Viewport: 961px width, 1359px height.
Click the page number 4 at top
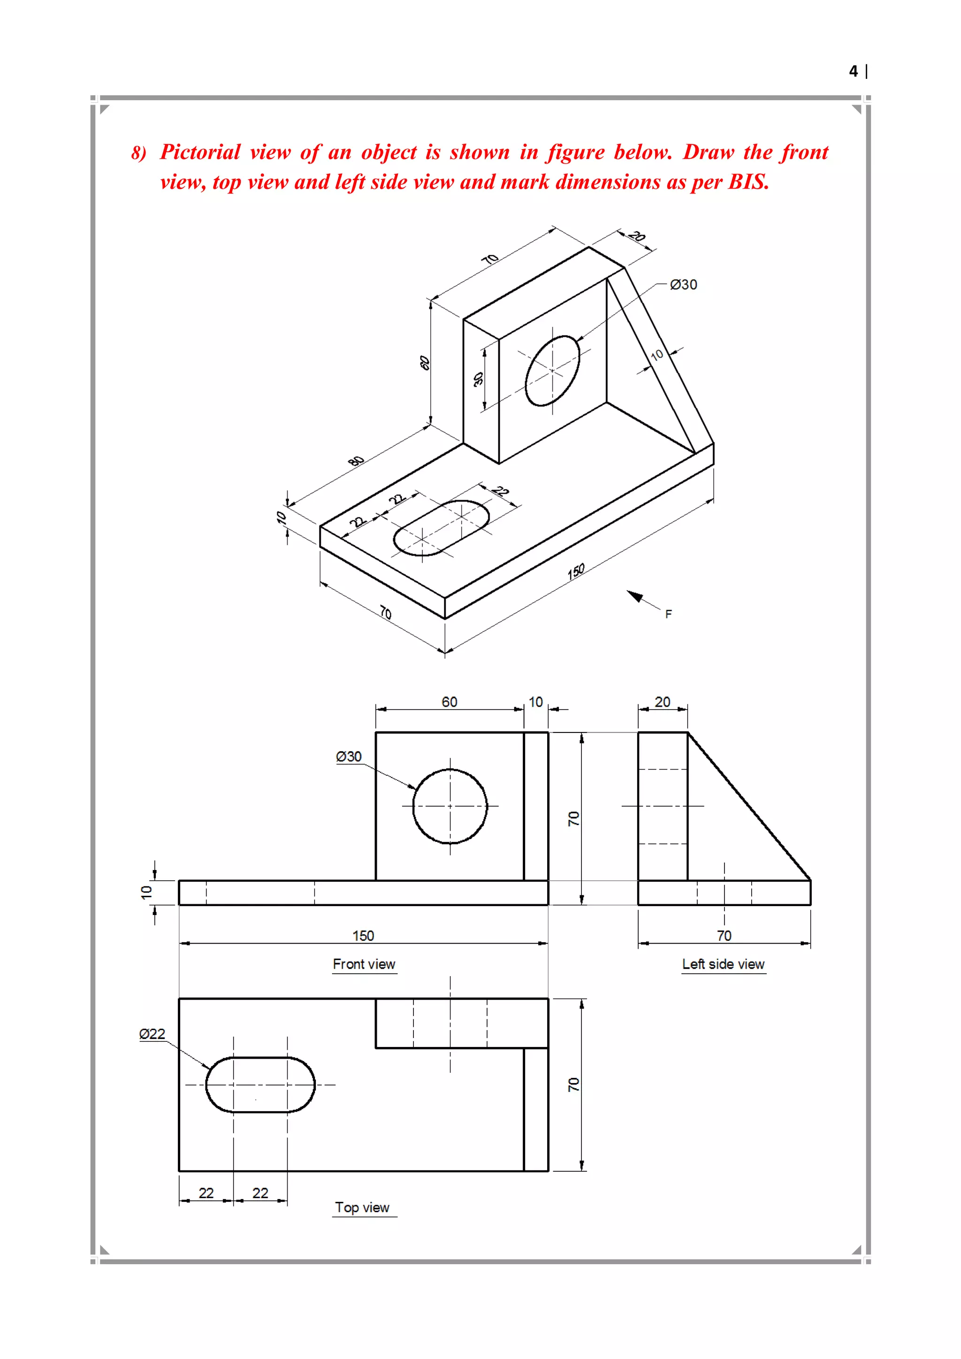(853, 72)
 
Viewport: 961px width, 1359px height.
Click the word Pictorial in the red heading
(200, 152)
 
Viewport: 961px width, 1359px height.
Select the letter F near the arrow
(668, 614)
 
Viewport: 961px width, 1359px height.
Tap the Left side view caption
(723, 964)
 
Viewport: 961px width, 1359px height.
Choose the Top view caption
(362, 1207)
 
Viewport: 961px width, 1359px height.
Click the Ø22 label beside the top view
(152, 1034)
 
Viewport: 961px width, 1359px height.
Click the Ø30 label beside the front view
(349, 756)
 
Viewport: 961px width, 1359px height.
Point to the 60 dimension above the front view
(449, 702)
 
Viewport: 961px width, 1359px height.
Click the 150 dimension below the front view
(363, 936)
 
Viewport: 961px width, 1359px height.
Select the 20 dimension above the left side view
(662, 702)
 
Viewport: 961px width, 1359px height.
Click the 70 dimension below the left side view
(724, 936)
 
